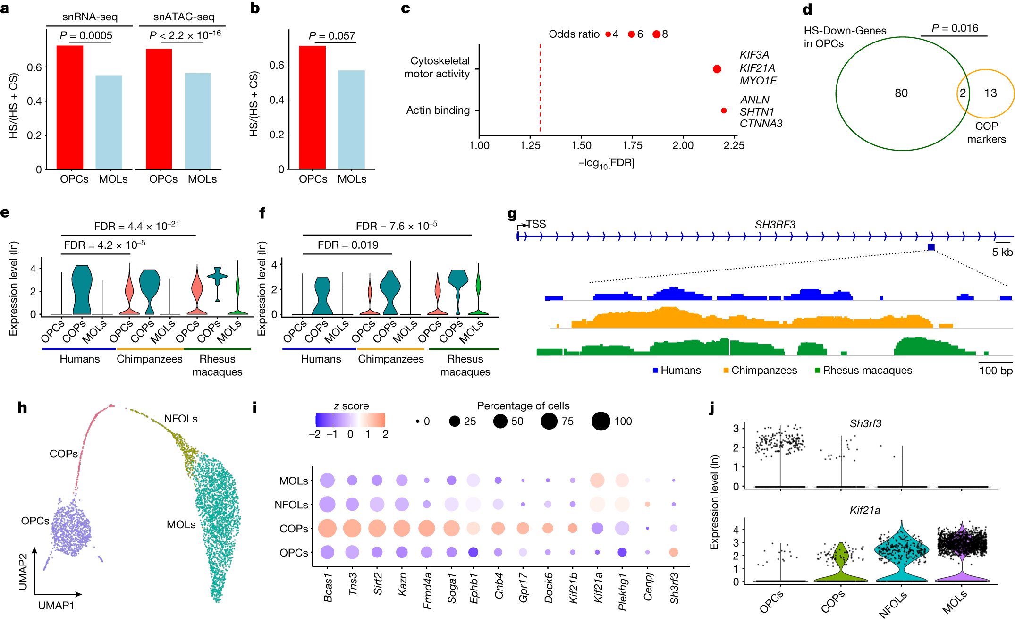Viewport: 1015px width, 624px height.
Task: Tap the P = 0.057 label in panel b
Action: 332,36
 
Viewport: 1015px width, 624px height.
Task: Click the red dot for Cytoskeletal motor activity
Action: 717,69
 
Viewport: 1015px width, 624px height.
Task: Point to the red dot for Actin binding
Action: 724,110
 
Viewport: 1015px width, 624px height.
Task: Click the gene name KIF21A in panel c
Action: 757,68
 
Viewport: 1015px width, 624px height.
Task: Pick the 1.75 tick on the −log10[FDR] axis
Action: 632,145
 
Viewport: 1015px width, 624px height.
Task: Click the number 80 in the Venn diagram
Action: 901,93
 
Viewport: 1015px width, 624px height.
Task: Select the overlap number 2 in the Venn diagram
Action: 962,93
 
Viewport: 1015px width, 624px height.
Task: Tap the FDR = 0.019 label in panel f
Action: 348,245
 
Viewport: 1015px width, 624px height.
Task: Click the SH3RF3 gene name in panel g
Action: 775,225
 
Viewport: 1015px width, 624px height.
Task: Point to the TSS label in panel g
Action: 536,224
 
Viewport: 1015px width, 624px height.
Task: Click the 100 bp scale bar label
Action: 996,371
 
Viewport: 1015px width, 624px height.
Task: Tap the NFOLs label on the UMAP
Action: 181,419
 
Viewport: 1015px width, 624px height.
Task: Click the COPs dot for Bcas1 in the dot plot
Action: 327,529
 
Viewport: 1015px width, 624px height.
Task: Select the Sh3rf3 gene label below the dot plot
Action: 674,588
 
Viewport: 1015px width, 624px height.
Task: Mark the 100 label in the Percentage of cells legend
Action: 623,422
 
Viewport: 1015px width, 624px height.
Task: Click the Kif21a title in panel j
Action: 864,510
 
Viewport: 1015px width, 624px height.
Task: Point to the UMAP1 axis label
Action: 56,606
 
